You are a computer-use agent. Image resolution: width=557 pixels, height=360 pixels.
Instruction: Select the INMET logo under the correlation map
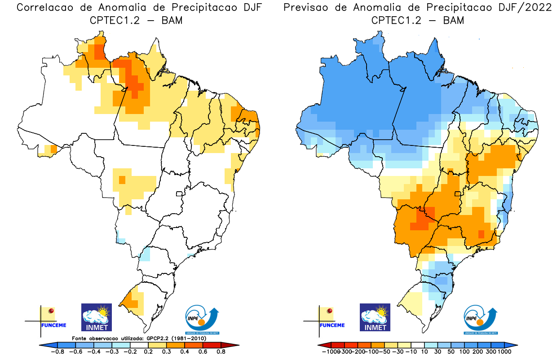coord(96,317)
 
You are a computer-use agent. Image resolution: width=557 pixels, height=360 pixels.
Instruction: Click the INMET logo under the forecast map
coord(375,317)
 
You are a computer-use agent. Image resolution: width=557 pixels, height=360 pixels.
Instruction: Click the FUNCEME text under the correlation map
coord(53,325)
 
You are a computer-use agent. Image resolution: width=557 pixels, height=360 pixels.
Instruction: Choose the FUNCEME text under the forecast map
coord(332,325)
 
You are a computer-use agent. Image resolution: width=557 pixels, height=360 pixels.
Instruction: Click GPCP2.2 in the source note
coord(158,338)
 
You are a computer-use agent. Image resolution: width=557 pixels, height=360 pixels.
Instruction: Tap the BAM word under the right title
coord(454,21)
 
